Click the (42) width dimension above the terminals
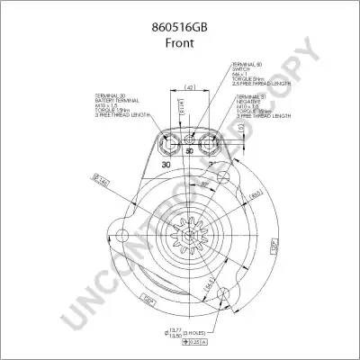pos(190,88)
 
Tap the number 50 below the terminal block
pos(189,152)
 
